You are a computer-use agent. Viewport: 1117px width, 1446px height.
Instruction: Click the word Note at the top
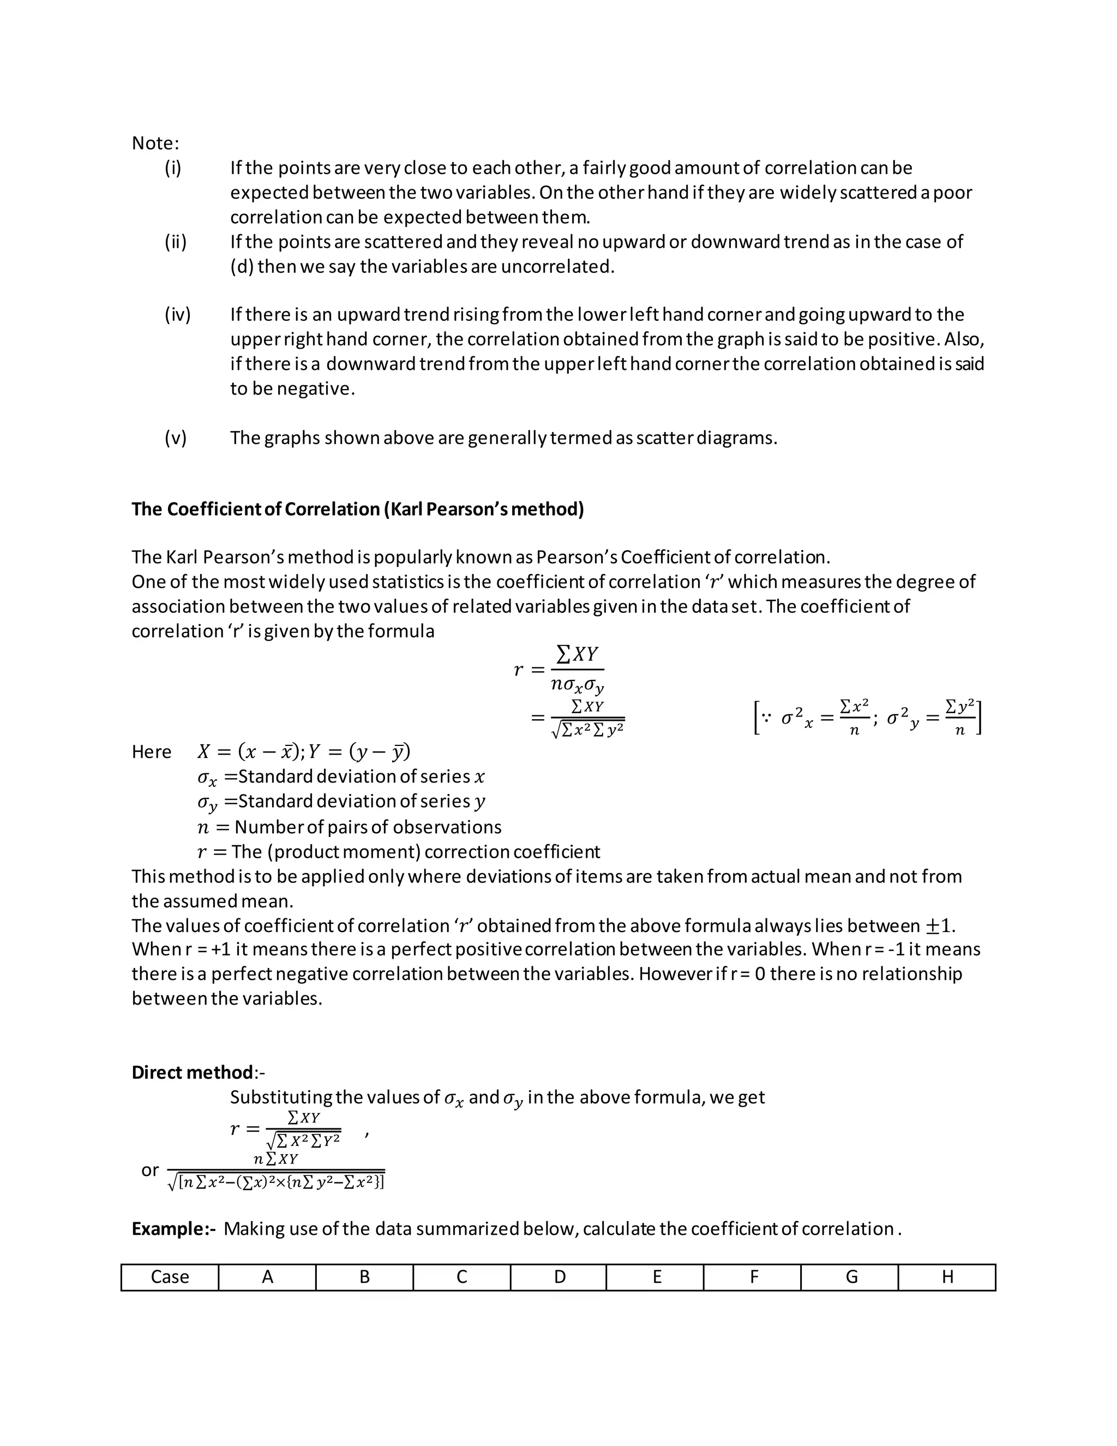(154, 143)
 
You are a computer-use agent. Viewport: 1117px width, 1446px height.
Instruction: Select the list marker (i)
(173, 168)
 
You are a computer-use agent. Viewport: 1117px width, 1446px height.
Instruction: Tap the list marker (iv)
(177, 314)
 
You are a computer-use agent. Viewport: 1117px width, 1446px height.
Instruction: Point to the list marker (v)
(176, 438)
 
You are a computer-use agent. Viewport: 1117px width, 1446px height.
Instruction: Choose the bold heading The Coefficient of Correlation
(357, 509)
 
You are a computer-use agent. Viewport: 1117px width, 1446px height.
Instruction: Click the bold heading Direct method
(192, 1072)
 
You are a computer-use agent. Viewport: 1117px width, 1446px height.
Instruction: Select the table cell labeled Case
(170, 1276)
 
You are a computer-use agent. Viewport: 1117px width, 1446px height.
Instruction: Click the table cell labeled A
(267, 1276)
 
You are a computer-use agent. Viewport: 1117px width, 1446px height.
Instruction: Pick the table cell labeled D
(559, 1276)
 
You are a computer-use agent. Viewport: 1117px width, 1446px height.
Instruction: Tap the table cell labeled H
(947, 1276)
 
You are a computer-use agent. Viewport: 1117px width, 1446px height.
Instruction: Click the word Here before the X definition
(151, 752)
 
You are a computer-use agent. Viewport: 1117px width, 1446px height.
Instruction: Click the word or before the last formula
(150, 1170)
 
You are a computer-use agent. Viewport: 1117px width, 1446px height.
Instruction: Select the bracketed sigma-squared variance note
(867, 718)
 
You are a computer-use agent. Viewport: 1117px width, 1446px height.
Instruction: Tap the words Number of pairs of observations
(368, 827)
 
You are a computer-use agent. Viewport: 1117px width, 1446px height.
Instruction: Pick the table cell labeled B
(365, 1276)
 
